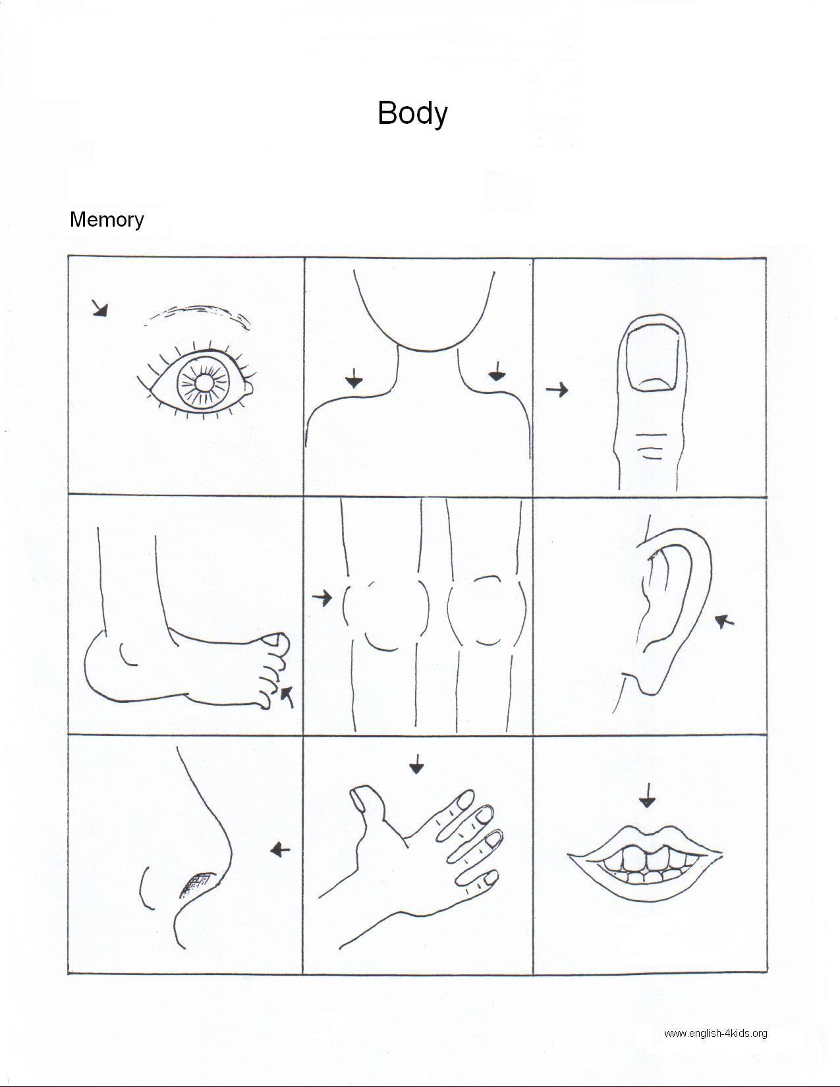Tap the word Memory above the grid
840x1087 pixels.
coord(107,220)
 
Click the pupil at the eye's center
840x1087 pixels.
coord(204,383)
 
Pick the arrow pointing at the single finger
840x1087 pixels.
coord(557,389)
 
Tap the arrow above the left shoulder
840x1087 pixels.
coord(354,379)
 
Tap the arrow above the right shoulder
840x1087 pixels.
coord(497,372)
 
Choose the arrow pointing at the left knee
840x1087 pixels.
coord(322,597)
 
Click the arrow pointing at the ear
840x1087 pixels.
coord(725,621)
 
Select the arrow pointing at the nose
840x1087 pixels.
coord(280,849)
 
